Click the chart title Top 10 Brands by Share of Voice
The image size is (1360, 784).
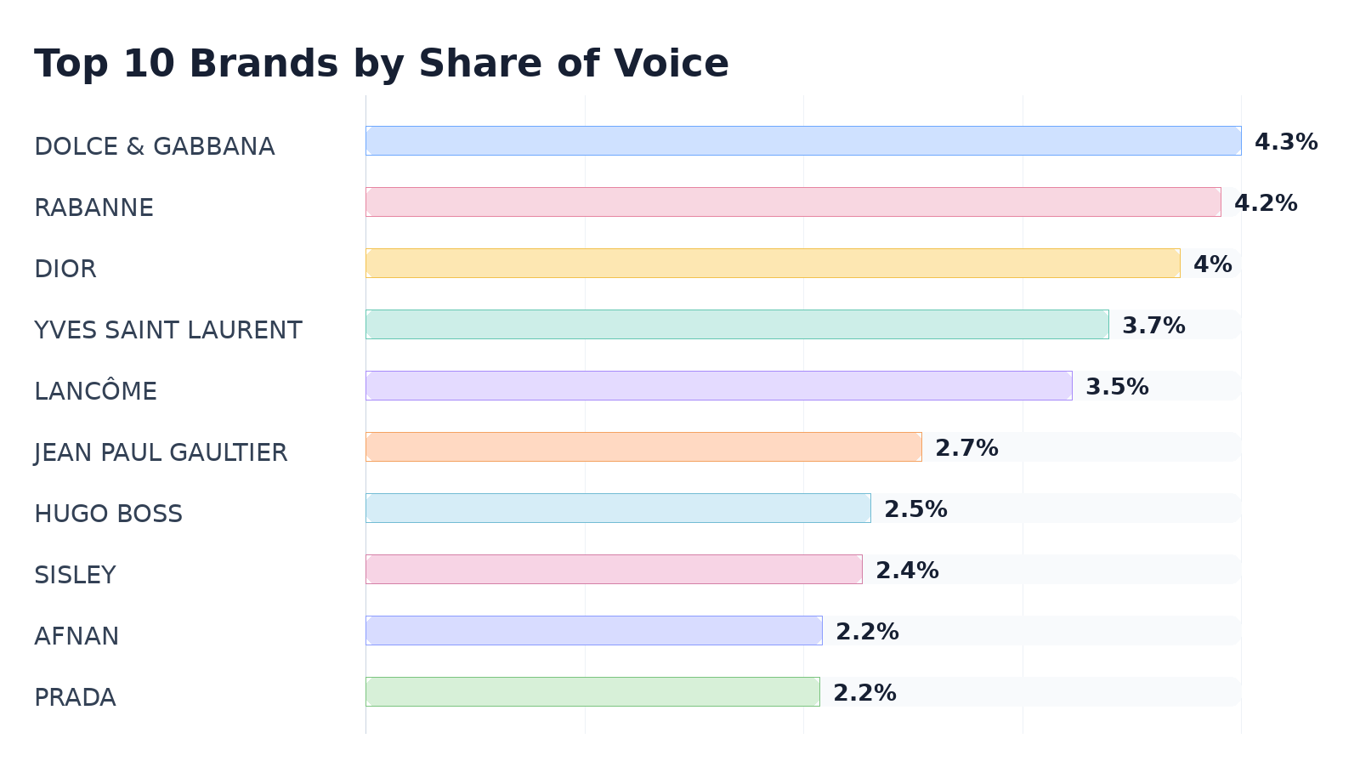tap(382, 64)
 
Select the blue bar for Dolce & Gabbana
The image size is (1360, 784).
tap(803, 141)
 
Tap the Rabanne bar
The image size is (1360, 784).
tap(793, 202)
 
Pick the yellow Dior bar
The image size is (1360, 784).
tap(773, 264)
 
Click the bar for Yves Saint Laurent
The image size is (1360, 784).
tap(737, 324)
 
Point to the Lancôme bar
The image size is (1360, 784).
tap(719, 386)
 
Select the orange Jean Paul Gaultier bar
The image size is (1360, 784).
tap(643, 447)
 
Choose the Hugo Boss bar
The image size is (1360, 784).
tap(618, 508)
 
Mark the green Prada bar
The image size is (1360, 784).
tap(592, 691)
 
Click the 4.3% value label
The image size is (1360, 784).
tap(1286, 142)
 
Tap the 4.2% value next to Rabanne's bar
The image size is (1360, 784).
tap(1266, 203)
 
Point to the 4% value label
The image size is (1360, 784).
tap(1212, 264)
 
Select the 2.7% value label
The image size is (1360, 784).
tap(966, 448)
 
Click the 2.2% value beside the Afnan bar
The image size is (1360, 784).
tap(867, 632)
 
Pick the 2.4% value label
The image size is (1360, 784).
tap(907, 571)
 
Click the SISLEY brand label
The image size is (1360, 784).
tap(76, 575)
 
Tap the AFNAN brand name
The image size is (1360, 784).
tap(76, 636)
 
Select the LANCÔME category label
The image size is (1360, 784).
tap(95, 390)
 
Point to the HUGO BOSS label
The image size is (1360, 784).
tap(108, 514)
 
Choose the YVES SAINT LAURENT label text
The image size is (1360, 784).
tap(168, 331)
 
